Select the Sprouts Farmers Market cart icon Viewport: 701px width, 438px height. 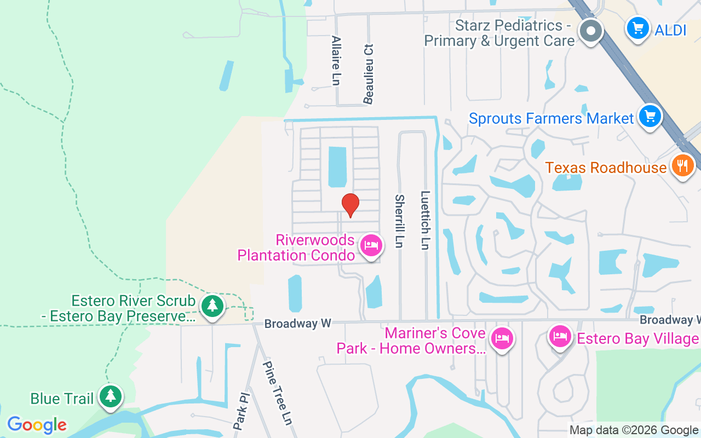click(x=650, y=117)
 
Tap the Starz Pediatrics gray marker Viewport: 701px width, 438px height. click(x=590, y=31)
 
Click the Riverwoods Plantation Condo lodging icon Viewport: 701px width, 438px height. click(x=371, y=245)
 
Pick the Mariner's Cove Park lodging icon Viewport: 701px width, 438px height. click(x=501, y=338)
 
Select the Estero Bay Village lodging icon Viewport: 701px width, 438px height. click(x=560, y=336)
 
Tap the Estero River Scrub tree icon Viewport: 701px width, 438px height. click(x=212, y=306)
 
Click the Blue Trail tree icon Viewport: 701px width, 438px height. click(x=111, y=395)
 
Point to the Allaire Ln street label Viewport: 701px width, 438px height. click(x=336, y=60)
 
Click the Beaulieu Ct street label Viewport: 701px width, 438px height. click(x=369, y=74)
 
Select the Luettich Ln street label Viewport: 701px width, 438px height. click(x=424, y=220)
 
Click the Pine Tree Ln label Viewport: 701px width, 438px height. click(x=278, y=393)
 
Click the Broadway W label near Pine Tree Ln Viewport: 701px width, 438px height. click(x=297, y=324)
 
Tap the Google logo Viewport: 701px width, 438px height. click(x=37, y=424)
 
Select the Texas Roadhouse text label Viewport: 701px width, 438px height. click(x=606, y=168)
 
